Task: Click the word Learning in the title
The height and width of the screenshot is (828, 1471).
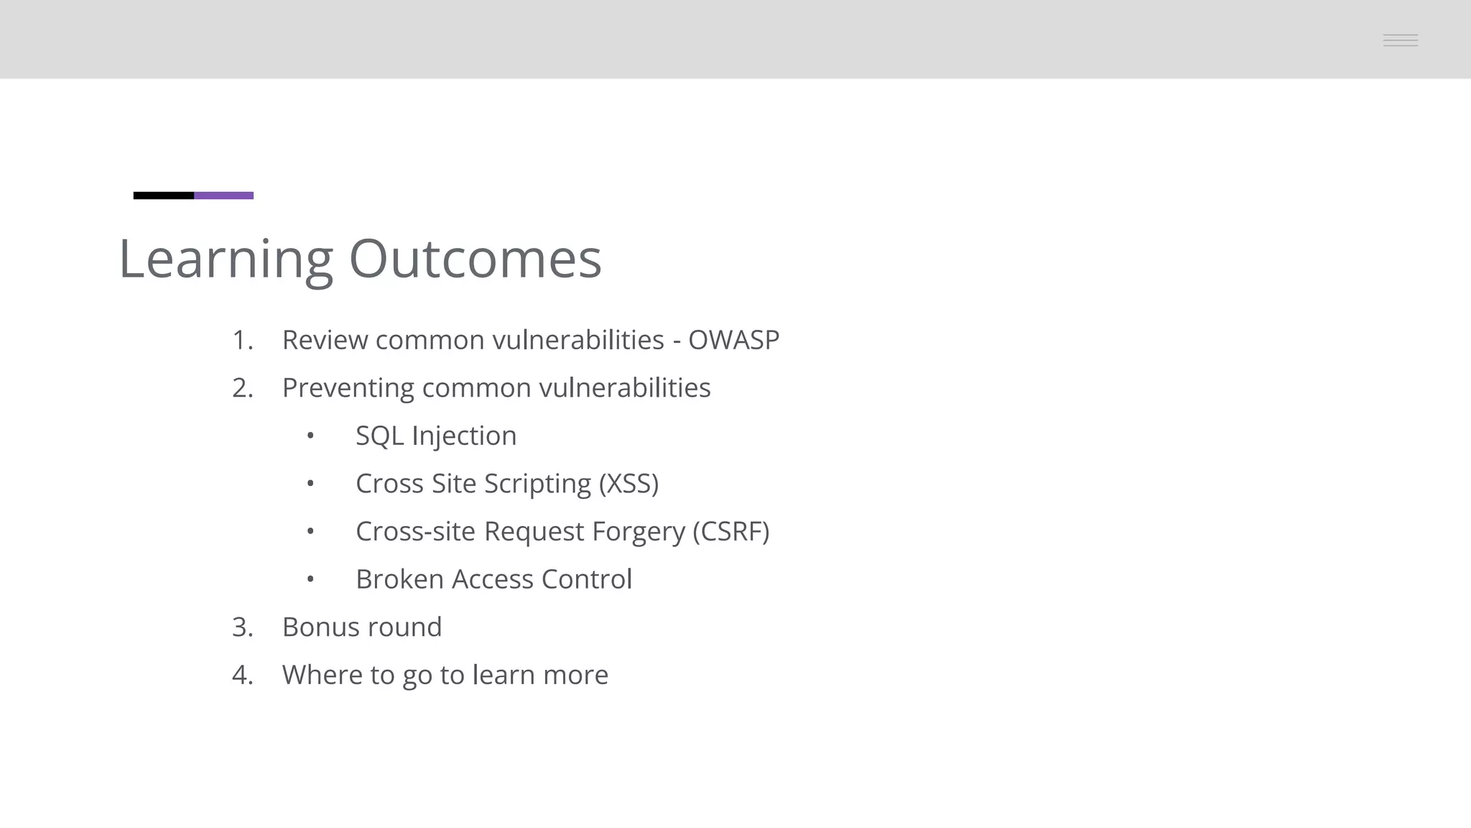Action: pos(226,259)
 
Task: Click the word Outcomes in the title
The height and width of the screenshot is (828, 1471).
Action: pos(475,259)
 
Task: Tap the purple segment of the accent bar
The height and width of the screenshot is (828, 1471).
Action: pos(223,195)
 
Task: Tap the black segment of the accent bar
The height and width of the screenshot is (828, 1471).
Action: pos(164,195)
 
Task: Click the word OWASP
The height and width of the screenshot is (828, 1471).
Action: pos(733,340)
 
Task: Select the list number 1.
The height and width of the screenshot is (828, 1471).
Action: pos(242,340)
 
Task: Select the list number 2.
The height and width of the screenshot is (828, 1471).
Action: pos(242,388)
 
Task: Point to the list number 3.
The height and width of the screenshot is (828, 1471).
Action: pos(242,627)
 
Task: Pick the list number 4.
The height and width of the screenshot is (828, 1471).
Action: pos(242,675)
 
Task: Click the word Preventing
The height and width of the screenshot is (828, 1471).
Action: pos(348,388)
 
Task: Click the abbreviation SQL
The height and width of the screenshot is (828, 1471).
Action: pos(379,436)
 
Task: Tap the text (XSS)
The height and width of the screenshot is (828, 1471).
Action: pos(628,484)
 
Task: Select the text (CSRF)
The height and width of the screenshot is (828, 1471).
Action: pos(730,532)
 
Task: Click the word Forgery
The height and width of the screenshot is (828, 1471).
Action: pos(638,532)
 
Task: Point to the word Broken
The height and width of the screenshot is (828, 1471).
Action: pos(399,579)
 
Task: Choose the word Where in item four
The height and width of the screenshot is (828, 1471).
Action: pos(322,675)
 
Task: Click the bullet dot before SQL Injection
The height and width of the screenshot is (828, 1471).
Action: pos(310,436)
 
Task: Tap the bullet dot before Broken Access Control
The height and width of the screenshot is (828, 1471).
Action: pos(310,579)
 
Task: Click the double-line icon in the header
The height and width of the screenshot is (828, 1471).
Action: pos(1400,40)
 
